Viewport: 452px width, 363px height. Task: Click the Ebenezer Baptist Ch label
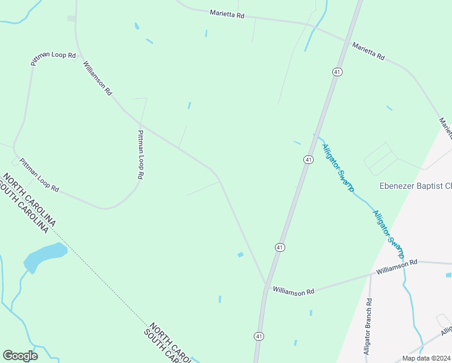pos(415,186)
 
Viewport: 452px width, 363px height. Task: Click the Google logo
pos(20,356)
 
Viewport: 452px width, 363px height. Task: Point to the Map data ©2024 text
pos(425,358)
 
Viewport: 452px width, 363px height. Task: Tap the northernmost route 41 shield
pos(337,71)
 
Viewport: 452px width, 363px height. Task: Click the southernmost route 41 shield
pos(259,336)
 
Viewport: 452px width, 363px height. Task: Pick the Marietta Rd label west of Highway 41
pos(227,13)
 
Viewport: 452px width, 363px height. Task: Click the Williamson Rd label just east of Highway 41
pos(294,291)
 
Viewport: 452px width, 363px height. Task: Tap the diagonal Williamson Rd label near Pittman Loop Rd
pos(98,78)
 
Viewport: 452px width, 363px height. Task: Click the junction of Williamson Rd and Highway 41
pos(266,285)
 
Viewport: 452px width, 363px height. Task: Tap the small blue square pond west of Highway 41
pos(241,255)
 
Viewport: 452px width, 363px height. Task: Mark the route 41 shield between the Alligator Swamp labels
pos(308,159)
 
